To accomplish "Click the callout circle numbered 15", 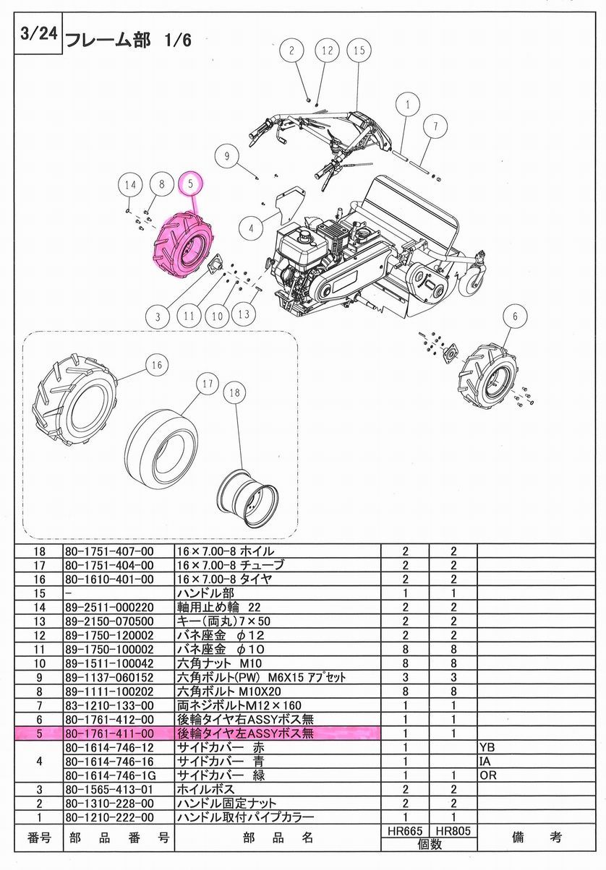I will click(x=359, y=51).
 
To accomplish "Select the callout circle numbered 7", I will click(x=435, y=126).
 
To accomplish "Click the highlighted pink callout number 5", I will click(x=190, y=184).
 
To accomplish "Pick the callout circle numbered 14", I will click(x=129, y=185).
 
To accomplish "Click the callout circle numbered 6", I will click(x=515, y=316).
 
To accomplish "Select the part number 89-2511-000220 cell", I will click(x=108, y=606).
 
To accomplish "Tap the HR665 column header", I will click(x=405, y=832).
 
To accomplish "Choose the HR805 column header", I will click(x=453, y=832).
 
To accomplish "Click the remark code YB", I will click(x=487, y=746).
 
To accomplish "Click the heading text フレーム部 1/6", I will click(x=129, y=40).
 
